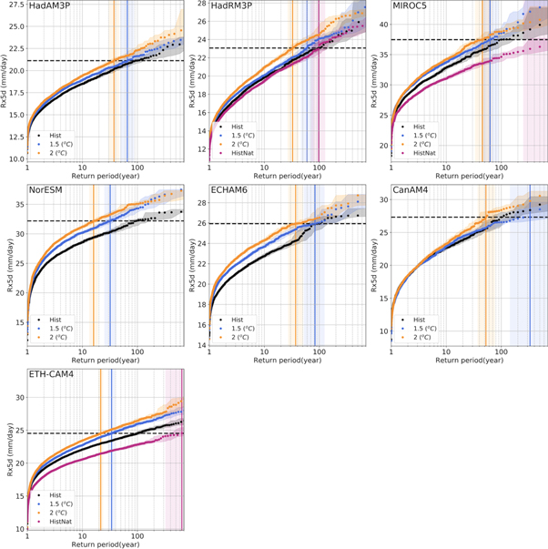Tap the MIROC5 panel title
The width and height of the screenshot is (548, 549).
[411, 7]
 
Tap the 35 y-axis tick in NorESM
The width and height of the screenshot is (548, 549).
[18, 204]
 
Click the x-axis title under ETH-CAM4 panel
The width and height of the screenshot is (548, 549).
[107, 544]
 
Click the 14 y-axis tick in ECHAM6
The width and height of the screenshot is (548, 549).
[200, 345]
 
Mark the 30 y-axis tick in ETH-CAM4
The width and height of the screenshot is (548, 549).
[18, 397]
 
